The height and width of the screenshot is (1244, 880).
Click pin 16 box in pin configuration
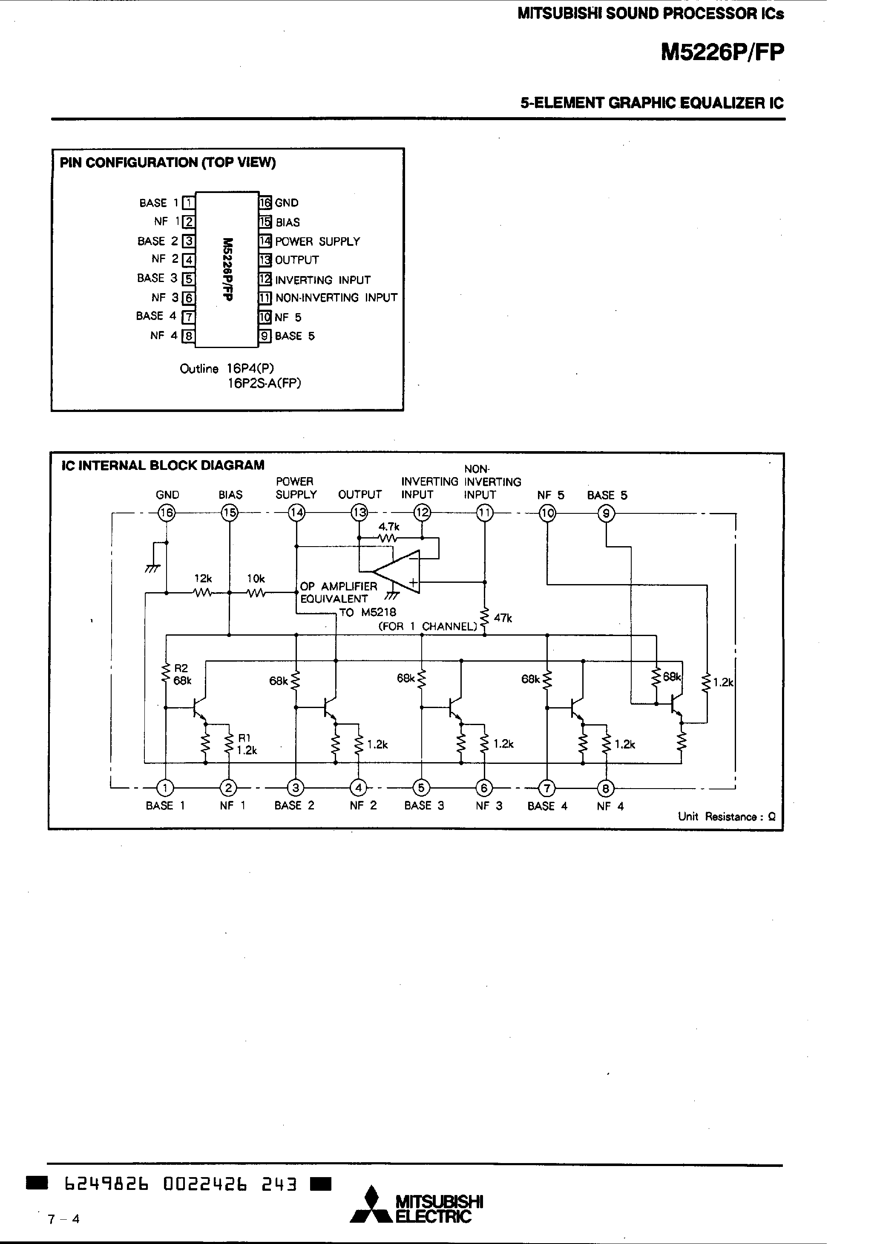tap(265, 203)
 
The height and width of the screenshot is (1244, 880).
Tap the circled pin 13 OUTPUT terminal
tap(359, 512)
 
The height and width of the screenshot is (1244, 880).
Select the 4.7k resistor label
tap(388, 527)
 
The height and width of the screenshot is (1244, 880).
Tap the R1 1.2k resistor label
tap(246, 744)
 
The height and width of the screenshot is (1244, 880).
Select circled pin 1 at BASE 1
tap(165, 787)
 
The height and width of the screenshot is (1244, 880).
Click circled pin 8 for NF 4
tap(606, 788)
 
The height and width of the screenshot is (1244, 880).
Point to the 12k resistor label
tap(203, 579)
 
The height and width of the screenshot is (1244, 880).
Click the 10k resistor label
tap(256, 579)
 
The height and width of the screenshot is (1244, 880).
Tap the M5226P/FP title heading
tap(722, 52)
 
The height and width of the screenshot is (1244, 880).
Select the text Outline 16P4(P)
tap(227, 369)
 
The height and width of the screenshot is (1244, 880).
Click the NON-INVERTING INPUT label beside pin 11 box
tap(336, 297)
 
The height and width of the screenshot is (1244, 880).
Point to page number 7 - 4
tap(63, 1219)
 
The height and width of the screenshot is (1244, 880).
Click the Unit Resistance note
tap(726, 817)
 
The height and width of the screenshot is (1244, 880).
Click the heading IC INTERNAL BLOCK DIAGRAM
tap(163, 465)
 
